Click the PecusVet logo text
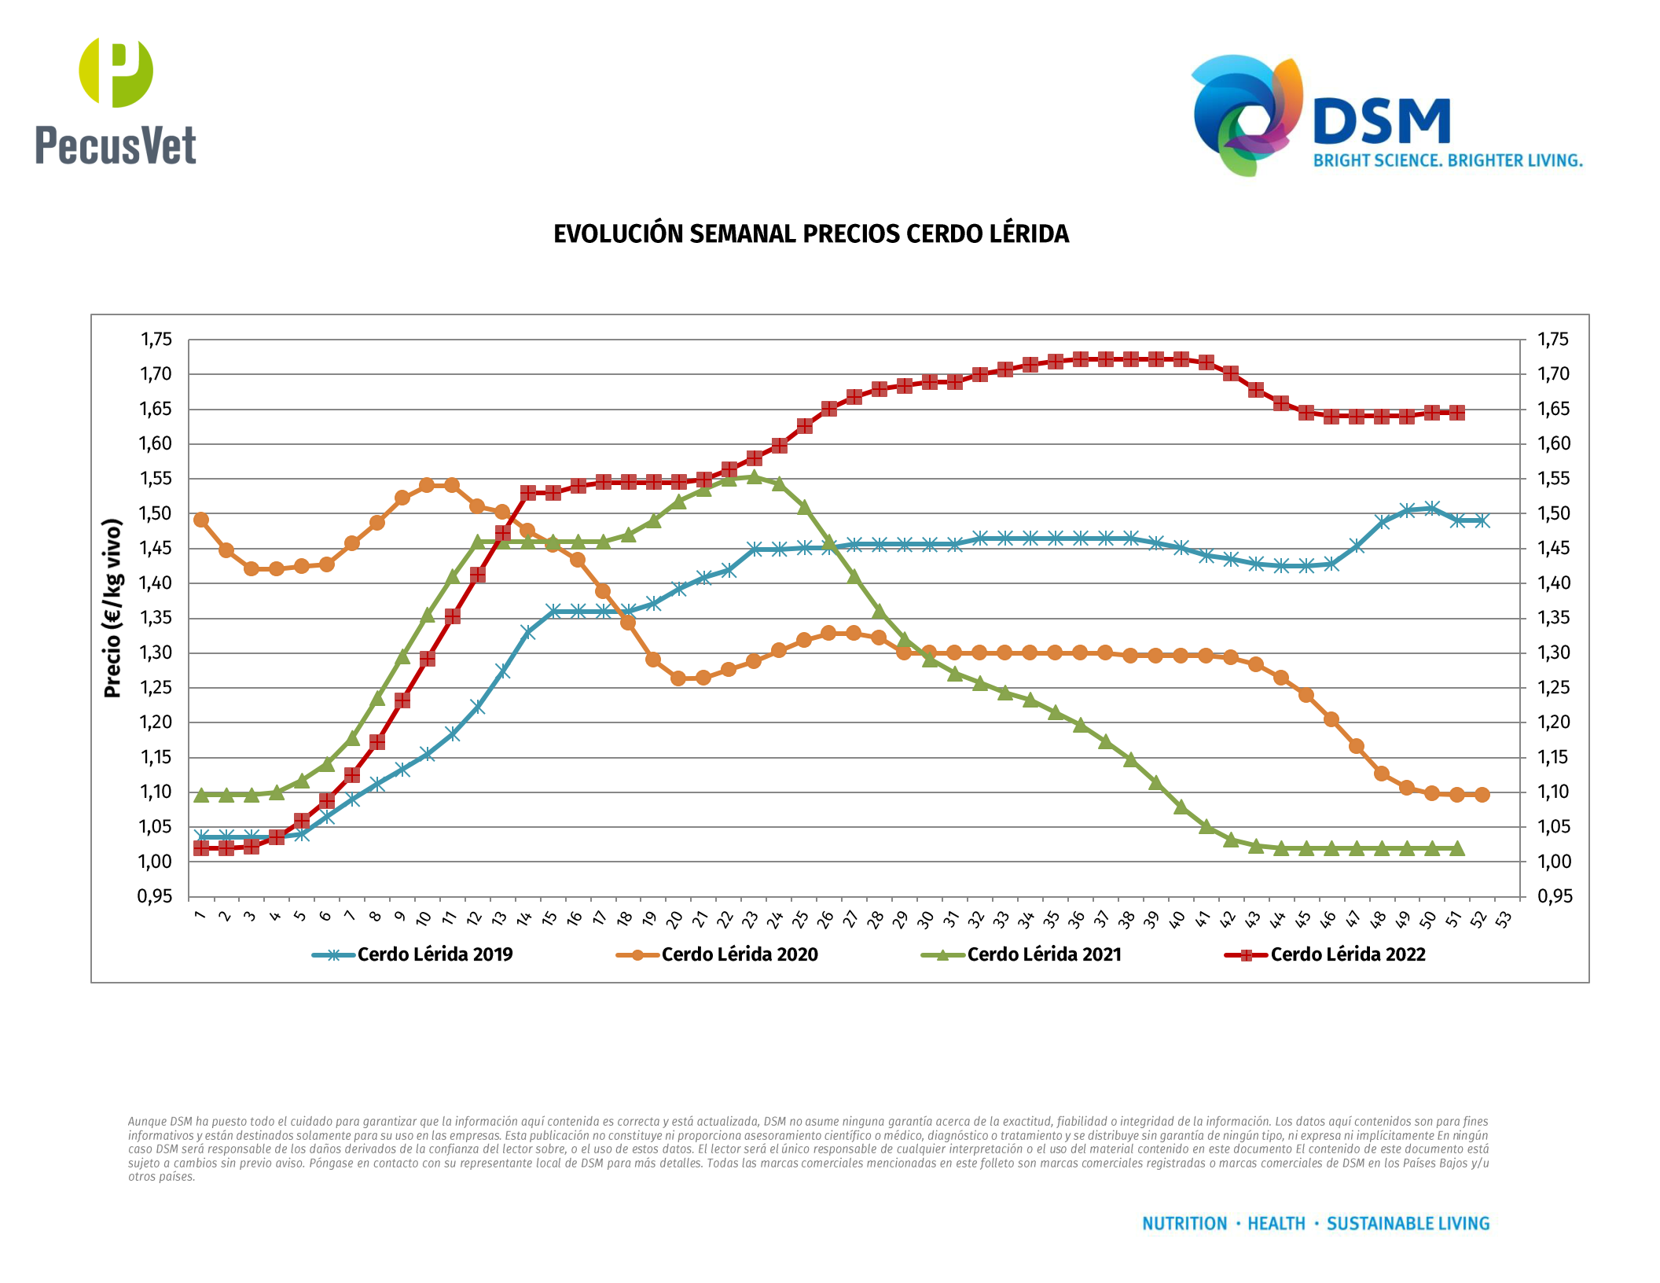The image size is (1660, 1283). (x=116, y=145)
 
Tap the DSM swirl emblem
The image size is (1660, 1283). (x=1246, y=114)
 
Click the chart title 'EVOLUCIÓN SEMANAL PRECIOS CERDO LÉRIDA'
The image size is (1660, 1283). (x=811, y=234)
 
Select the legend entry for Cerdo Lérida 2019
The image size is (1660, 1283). (x=435, y=954)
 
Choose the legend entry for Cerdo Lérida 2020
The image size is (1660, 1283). (x=739, y=954)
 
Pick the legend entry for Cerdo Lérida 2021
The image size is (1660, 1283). (x=1044, y=954)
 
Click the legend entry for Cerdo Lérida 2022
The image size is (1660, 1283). (x=1347, y=954)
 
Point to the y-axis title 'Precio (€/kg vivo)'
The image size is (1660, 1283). (x=112, y=608)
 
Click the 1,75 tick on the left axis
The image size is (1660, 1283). (x=156, y=340)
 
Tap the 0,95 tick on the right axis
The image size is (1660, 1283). (x=1555, y=896)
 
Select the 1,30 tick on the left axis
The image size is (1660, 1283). (x=156, y=653)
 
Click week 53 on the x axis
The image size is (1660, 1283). (x=1504, y=919)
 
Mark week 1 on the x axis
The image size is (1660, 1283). (x=200, y=916)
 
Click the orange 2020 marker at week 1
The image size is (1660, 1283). (x=201, y=520)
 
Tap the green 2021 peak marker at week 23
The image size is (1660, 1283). (x=754, y=476)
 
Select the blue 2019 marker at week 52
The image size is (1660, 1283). (x=1482, y=520)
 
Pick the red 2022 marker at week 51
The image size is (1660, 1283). (x=1456, y=413)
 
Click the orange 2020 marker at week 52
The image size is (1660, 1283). (x=1482, y=795)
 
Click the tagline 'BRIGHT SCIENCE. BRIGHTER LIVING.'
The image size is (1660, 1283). (x=1448, y=160)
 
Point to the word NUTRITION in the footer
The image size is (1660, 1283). (x=1184, y=1223)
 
